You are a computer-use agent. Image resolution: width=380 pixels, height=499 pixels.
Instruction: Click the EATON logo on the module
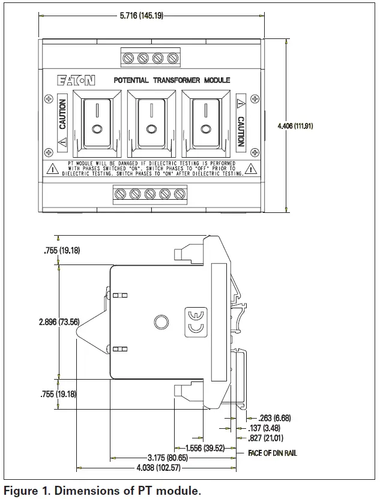(76, 80)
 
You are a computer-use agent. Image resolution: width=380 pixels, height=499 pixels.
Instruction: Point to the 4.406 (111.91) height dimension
(313, 126)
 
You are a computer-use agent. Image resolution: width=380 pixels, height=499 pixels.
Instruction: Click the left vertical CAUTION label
(62, 115)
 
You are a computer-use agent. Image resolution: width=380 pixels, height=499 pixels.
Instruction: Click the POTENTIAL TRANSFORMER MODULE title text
(172, 80)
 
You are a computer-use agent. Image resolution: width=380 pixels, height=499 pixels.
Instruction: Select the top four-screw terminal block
(151, 58)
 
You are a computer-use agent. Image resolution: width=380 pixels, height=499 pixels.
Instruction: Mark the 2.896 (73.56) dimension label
(59, 322)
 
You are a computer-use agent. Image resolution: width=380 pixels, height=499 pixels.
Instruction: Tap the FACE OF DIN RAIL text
(272, 453)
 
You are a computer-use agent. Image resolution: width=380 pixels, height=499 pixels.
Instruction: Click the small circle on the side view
(160, 322)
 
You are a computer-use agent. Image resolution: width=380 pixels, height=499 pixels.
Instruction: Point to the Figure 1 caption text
(102, 491)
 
